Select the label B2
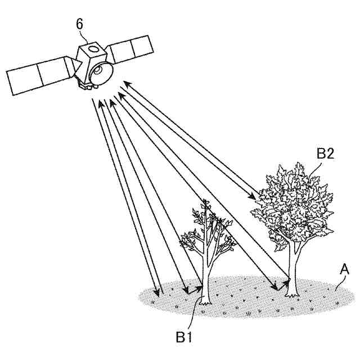325,154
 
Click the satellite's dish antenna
102,73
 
